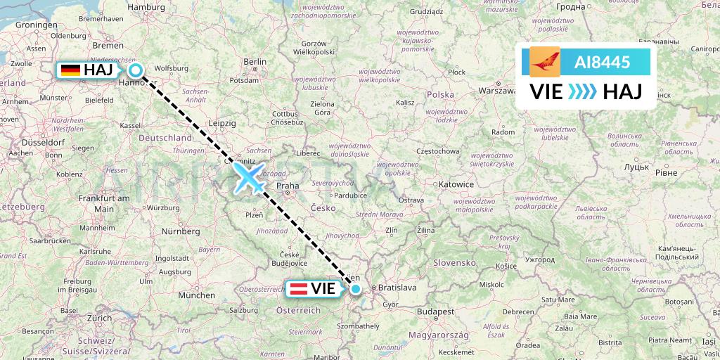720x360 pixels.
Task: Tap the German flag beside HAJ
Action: click(x=70, y=70)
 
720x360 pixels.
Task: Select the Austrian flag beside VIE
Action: click(x=297, y=288)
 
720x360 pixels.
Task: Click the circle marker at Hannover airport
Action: click(x=136, y=70)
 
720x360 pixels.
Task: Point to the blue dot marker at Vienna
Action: click(x=356, y=288)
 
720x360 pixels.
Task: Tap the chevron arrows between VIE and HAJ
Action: click(x=581, y=91)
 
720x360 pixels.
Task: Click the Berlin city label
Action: click(x=255, y=63)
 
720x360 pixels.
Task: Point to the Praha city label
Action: click(x=288, y=186)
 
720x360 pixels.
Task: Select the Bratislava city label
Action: click(x=398, y=288)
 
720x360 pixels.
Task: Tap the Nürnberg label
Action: click(x=181, y=231)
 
